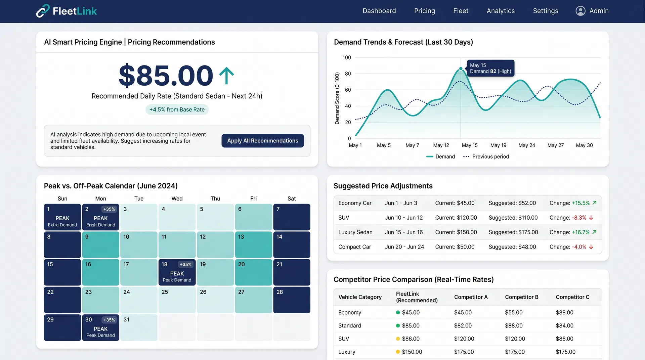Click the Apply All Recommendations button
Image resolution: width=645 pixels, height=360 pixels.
coord(262,141)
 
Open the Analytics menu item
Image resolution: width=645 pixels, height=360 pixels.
coord(501,11)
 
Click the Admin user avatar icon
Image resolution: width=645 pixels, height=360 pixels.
coord(580,11)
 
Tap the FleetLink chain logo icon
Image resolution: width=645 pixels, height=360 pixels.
coord(43,11)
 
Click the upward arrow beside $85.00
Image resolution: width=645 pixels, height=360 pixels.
coord(226,76)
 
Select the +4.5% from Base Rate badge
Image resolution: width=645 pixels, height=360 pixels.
coord(177,109)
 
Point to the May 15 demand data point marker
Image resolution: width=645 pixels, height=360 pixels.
coord(461,69)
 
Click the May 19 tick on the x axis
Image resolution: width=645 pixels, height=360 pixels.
coord(498,145)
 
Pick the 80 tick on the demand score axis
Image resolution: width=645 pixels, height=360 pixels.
coord(348,74)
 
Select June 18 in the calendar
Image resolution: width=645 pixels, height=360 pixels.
coord(177,272)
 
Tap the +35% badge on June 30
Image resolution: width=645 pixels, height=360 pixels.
coord(109,320)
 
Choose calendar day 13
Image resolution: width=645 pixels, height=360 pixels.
coord(253,244)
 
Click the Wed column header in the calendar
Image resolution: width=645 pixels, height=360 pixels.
coord(177,198)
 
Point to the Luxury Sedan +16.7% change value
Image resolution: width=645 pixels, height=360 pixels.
coord(580,232)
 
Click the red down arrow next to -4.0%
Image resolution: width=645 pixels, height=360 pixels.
coord(591,247)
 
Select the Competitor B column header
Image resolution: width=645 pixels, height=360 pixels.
coord(521,297)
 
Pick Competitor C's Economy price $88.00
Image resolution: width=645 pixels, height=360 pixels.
coord(564,312)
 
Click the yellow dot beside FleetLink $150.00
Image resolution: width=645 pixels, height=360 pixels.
coord(398,352)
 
